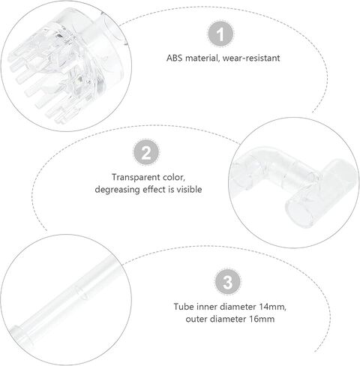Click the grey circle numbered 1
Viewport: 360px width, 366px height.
click(x=220, y=34)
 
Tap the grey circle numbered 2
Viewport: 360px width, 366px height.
click(x=146, y=152)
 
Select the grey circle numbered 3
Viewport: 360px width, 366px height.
click(x=228, y=282)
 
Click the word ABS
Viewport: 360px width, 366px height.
click(x=175, y=58)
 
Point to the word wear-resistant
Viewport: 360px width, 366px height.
click(x=251, y=58)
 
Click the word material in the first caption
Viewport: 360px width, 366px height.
click(x=202, y=58)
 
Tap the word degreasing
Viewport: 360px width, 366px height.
click(x=118, y=190)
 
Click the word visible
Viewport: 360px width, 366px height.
click(x=189, y=189)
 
